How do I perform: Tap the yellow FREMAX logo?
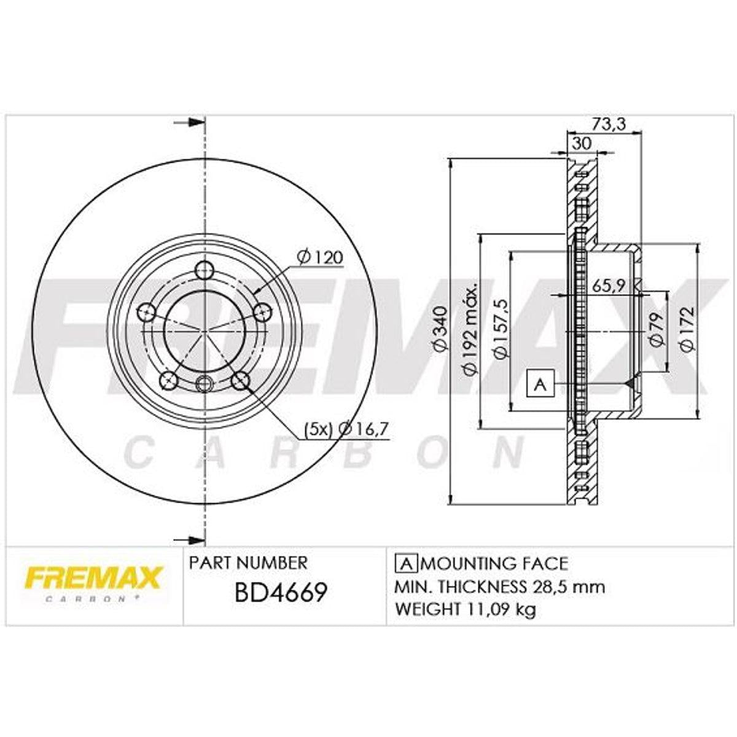click(94, 577)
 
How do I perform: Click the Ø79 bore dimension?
click(656, 329)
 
